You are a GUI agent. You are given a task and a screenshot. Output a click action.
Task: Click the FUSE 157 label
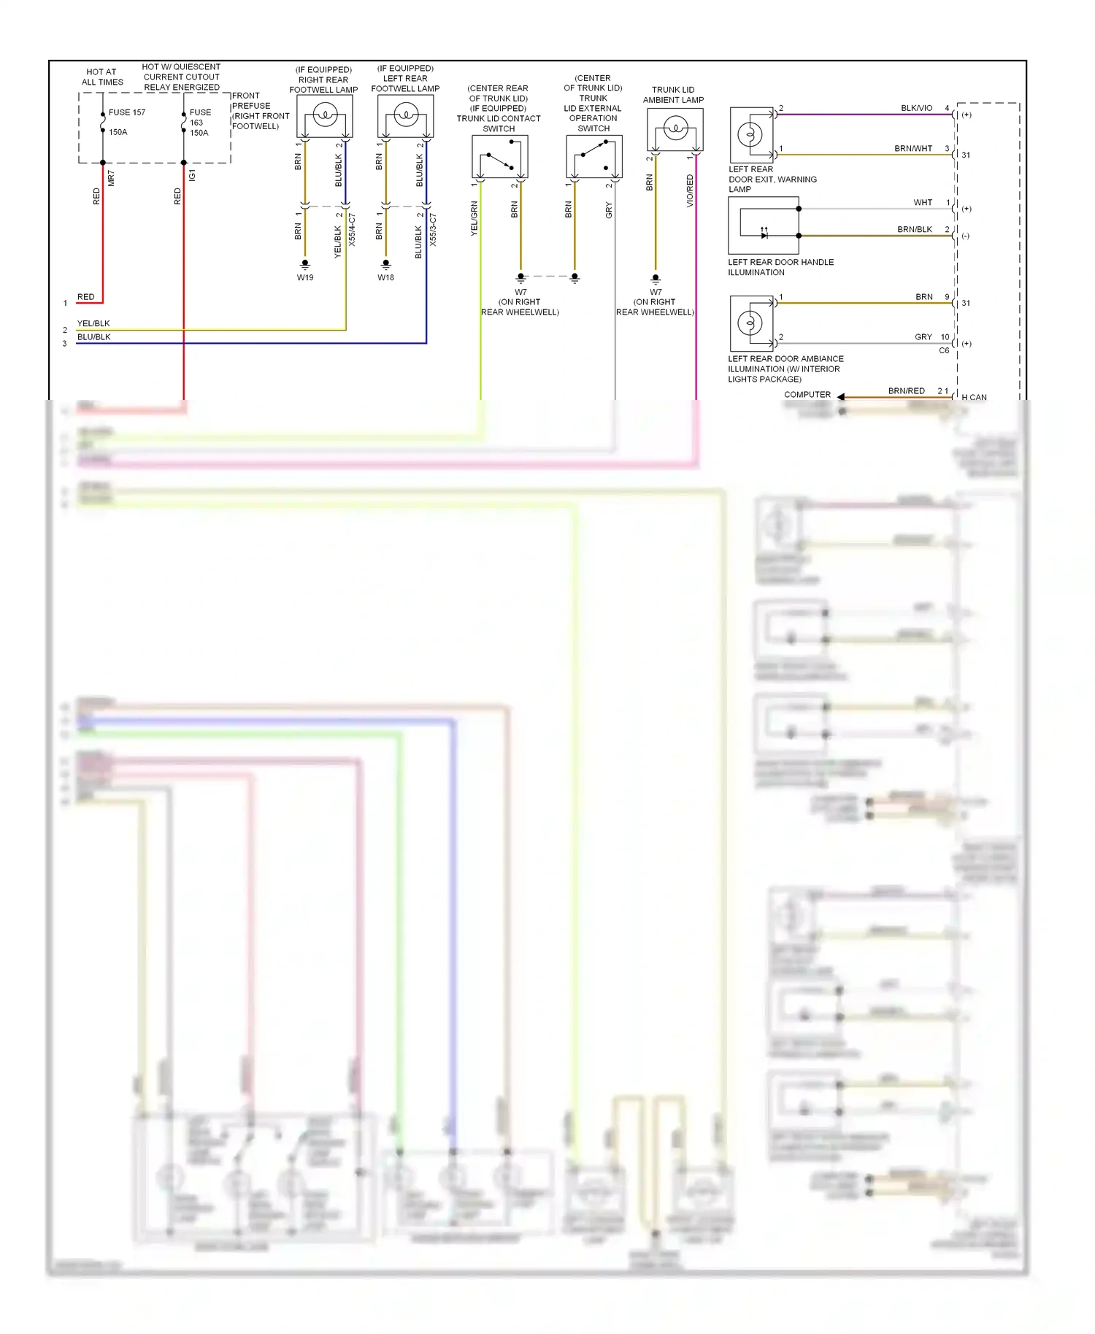click(127, 112)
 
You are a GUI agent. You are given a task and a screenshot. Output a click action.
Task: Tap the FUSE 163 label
click(200, 117)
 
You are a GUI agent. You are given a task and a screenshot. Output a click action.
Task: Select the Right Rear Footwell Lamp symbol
click(325, 116)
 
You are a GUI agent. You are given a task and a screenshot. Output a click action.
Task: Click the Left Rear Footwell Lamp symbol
click(406, 115)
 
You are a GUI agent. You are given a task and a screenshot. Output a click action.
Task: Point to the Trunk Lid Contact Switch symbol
click(500, 157)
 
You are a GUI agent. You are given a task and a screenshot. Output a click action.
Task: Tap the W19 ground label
click(305, 277)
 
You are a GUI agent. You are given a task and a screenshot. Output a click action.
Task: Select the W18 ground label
click(386, 277)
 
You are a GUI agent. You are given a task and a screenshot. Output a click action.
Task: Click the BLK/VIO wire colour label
click(916, 108)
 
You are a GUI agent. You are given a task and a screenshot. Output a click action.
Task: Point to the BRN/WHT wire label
click(913, 149)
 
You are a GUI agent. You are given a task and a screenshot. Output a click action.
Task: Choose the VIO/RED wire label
click(690, 191)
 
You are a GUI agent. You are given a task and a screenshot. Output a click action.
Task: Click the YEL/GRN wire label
click(474, 219)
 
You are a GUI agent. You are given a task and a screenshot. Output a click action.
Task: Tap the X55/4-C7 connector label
click(352, 230)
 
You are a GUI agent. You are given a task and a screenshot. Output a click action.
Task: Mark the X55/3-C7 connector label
click(433, 230)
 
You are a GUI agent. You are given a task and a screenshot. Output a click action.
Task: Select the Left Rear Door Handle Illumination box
click(764, 226)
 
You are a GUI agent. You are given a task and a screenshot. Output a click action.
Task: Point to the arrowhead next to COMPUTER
click(841, 396)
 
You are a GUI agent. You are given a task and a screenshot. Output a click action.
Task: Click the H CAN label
click(974, 398)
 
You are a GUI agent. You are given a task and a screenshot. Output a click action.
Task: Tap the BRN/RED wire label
click(906, 391)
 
